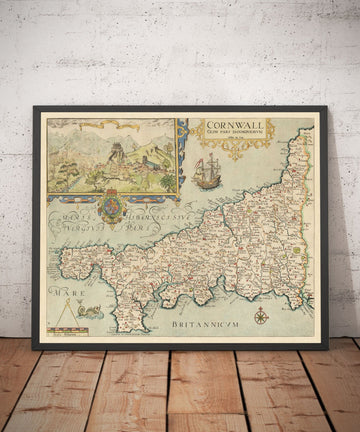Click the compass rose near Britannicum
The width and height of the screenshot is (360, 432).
[261, 316]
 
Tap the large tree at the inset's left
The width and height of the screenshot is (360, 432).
[63, 165]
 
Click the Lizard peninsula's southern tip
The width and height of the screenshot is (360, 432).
[127, 329]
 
